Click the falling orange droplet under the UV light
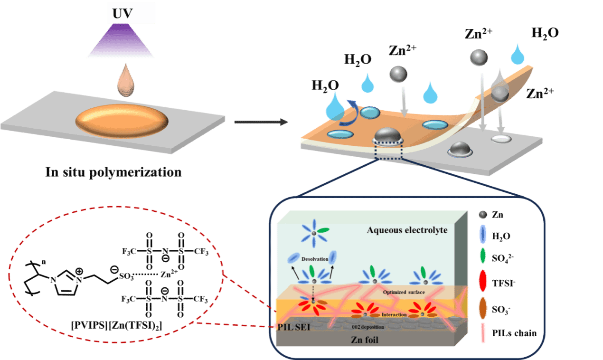point(126,81)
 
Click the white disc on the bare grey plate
point(501,139)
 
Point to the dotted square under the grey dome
point(388,152)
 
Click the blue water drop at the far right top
point(518,54)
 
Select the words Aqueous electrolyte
point(407,230)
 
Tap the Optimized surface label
point(404,292)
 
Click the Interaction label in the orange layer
point(394,315)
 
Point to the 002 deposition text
point(367,327)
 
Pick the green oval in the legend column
point(483,256)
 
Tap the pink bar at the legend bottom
point(483,333)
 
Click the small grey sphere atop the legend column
point(483,214)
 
